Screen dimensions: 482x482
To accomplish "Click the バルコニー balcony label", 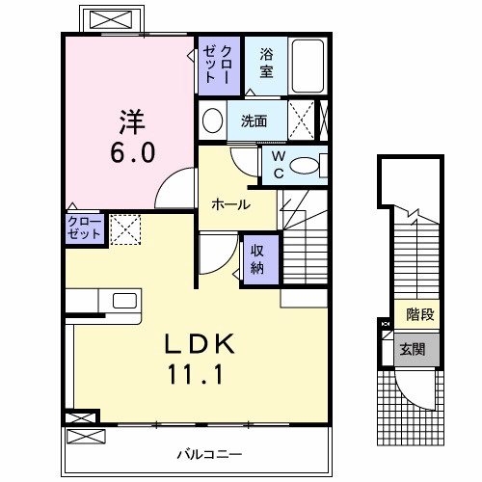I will [208, 452].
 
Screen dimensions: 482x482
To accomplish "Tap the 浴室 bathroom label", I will [265, 65].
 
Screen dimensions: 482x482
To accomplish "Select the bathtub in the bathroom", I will [308, 65].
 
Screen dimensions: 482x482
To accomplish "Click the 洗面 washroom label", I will [254, 121].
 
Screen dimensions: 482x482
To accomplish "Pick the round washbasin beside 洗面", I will [213, 121].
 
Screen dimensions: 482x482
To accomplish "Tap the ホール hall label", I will [231, 204].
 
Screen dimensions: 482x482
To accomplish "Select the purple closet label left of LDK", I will [82, 228].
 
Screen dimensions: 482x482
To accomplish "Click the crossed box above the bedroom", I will [106, 19].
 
